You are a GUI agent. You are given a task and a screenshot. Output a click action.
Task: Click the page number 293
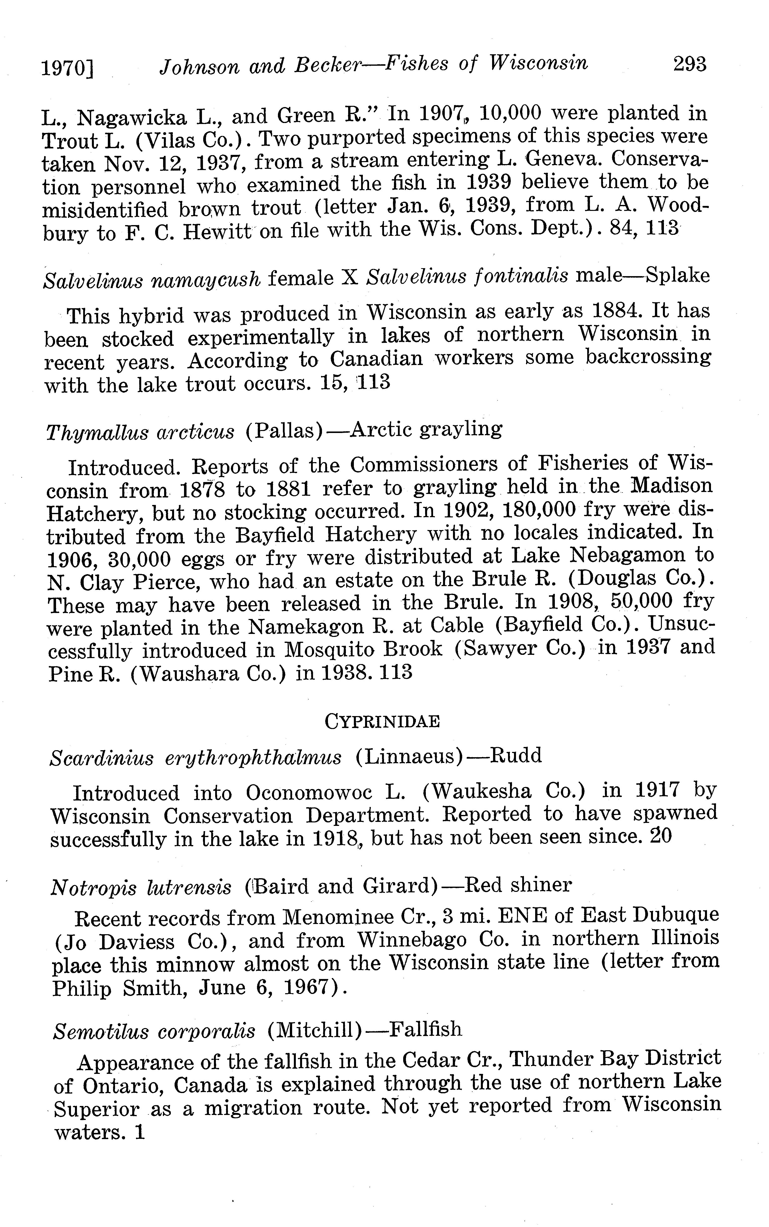point(689,64)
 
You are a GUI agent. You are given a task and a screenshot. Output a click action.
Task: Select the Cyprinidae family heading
point(382,721)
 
